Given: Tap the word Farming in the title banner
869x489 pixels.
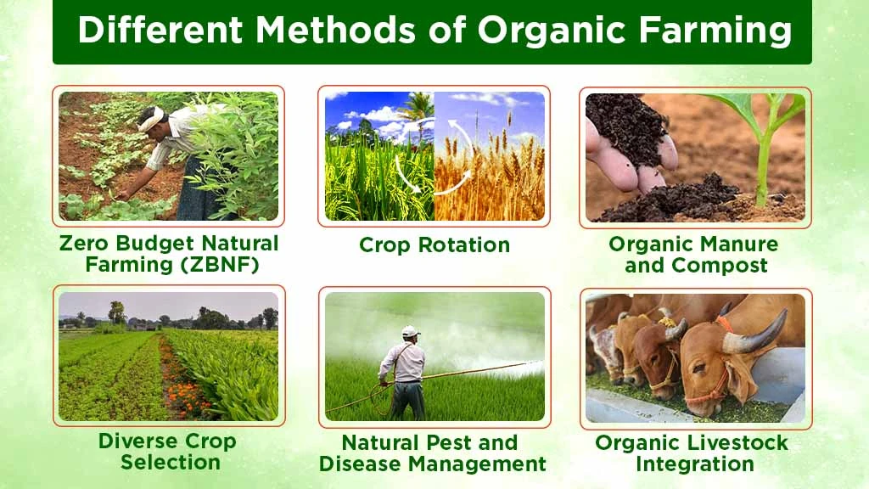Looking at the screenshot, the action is click(715, 30).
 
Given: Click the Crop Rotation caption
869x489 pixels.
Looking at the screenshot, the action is click(434, 245).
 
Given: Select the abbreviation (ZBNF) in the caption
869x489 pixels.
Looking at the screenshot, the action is click(220, 265).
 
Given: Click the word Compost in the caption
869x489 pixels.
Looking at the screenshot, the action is click(720, 266).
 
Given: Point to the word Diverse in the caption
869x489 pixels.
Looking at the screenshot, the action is click(133, 441).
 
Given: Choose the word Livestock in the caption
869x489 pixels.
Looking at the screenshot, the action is click(732, 443).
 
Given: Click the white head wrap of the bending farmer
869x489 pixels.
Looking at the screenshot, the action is click(151, 118).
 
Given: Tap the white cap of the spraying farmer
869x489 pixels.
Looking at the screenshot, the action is click(411, 331).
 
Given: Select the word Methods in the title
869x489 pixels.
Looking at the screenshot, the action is click(334, 30).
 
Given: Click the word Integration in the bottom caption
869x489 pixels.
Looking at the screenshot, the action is click(695, 464).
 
